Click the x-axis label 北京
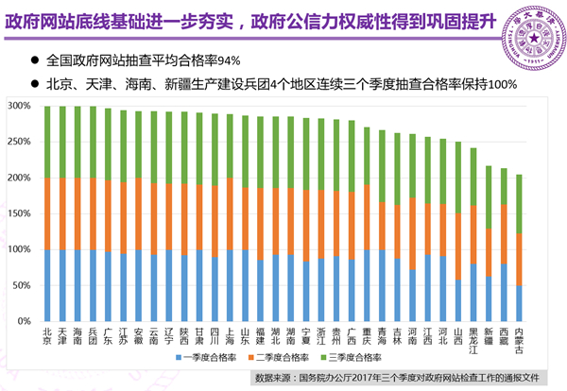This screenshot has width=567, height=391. coord(48,336)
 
